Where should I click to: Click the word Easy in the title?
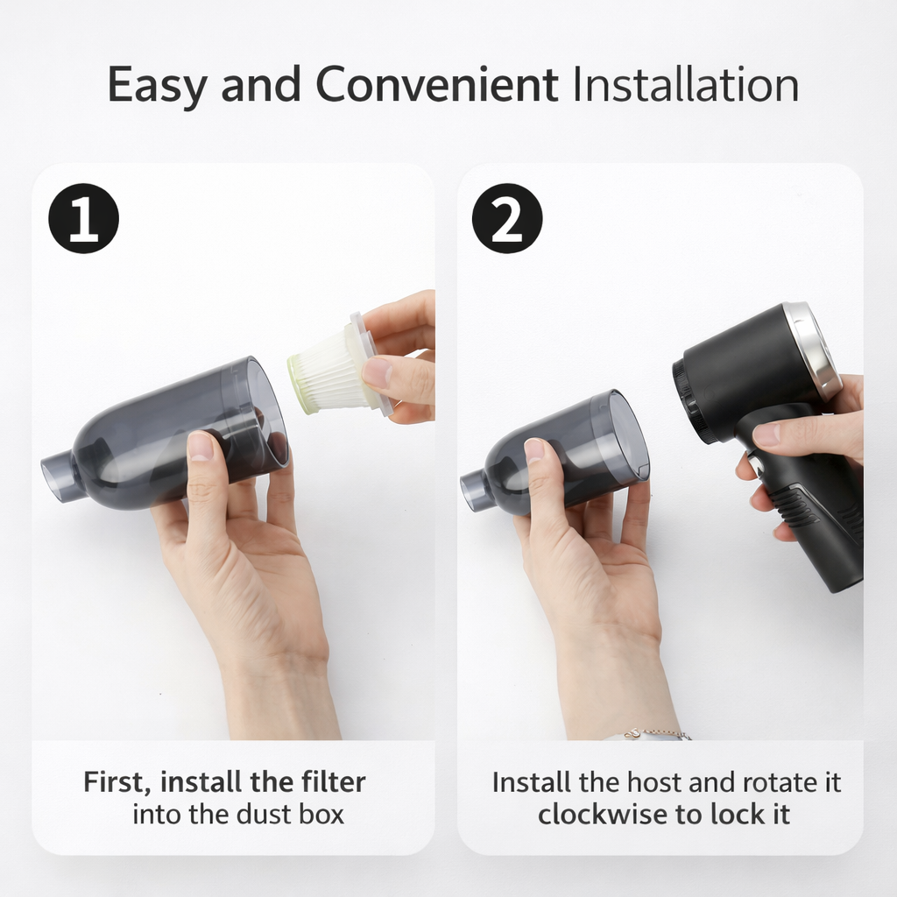click(x=158, y=85)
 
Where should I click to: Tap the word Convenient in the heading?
click(x=436, y=85)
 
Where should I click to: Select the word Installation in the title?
click(x=684, y=85)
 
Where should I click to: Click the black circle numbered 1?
click(x=83, y=218)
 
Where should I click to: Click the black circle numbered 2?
click(x=507, y=218)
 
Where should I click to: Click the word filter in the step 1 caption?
click(x=332, y=781)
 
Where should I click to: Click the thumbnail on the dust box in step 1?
click(x=201, y=446)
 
